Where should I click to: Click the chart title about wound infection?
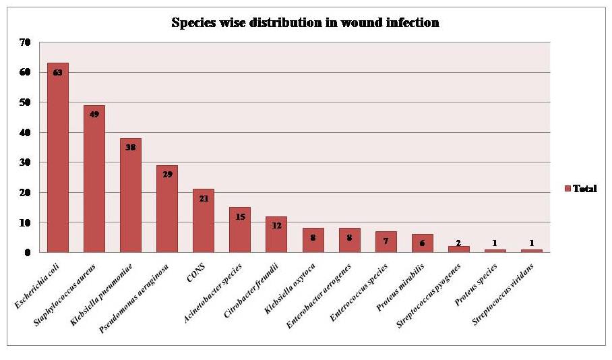pyautogui.click(x=305, y=23)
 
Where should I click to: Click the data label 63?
pyautogui.click(x=57, y=72)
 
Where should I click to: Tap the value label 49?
pyautogui.click(x=94, y=115)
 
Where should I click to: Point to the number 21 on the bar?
pyautogui.click(x=203, y=198)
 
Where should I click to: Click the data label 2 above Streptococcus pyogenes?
pyautogui.click(x=458, y=243)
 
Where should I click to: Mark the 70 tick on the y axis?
pyautogui.click(x=25, y=42)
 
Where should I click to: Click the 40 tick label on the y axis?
pyautogui.click(x=25, y=132)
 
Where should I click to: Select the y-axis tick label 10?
pyautogui.click(x=25, y=222)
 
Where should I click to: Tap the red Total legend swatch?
pyautogui.click(x=568, y=189)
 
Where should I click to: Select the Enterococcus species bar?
pyautogui.click(x=385, y=242)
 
